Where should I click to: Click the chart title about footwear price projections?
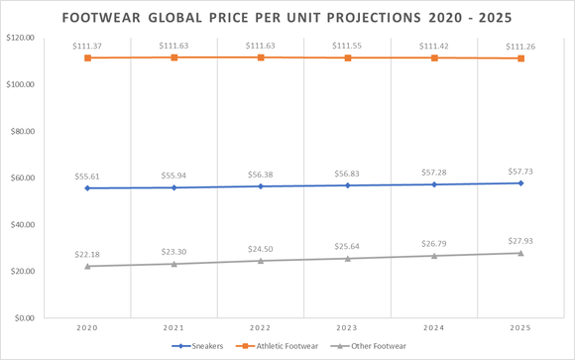click(287, 18)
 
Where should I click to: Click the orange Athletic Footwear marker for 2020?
click(87, 58)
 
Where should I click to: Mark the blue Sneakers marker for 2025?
click(520, 183)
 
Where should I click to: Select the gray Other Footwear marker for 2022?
click(261, 261)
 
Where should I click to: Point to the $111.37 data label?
click(87, 46)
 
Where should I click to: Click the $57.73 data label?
click(520, 171)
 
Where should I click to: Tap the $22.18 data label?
click(87, 254)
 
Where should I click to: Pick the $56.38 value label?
click(261, 174)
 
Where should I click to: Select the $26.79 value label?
click(434, 243)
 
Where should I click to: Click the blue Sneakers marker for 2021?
click(174, 187)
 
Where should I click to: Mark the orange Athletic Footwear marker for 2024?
click(434, 58)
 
